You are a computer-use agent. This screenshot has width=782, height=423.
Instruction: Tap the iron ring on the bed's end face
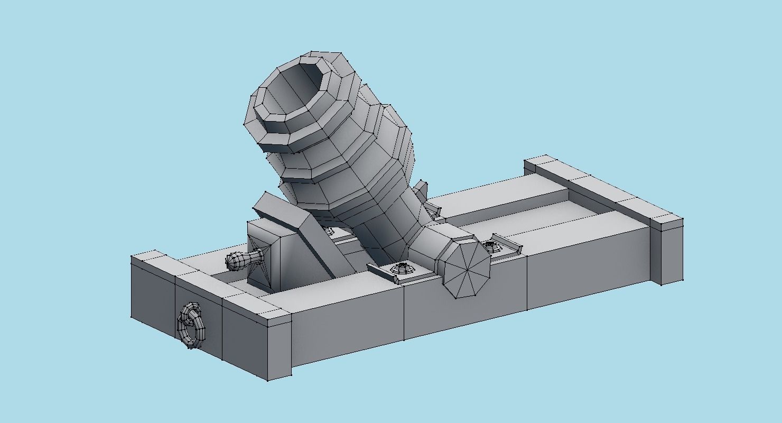click(191, 325)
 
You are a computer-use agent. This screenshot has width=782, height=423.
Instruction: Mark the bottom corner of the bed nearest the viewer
click(268, 380)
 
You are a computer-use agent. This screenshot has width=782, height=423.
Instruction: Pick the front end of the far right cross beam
click(668, 251)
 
